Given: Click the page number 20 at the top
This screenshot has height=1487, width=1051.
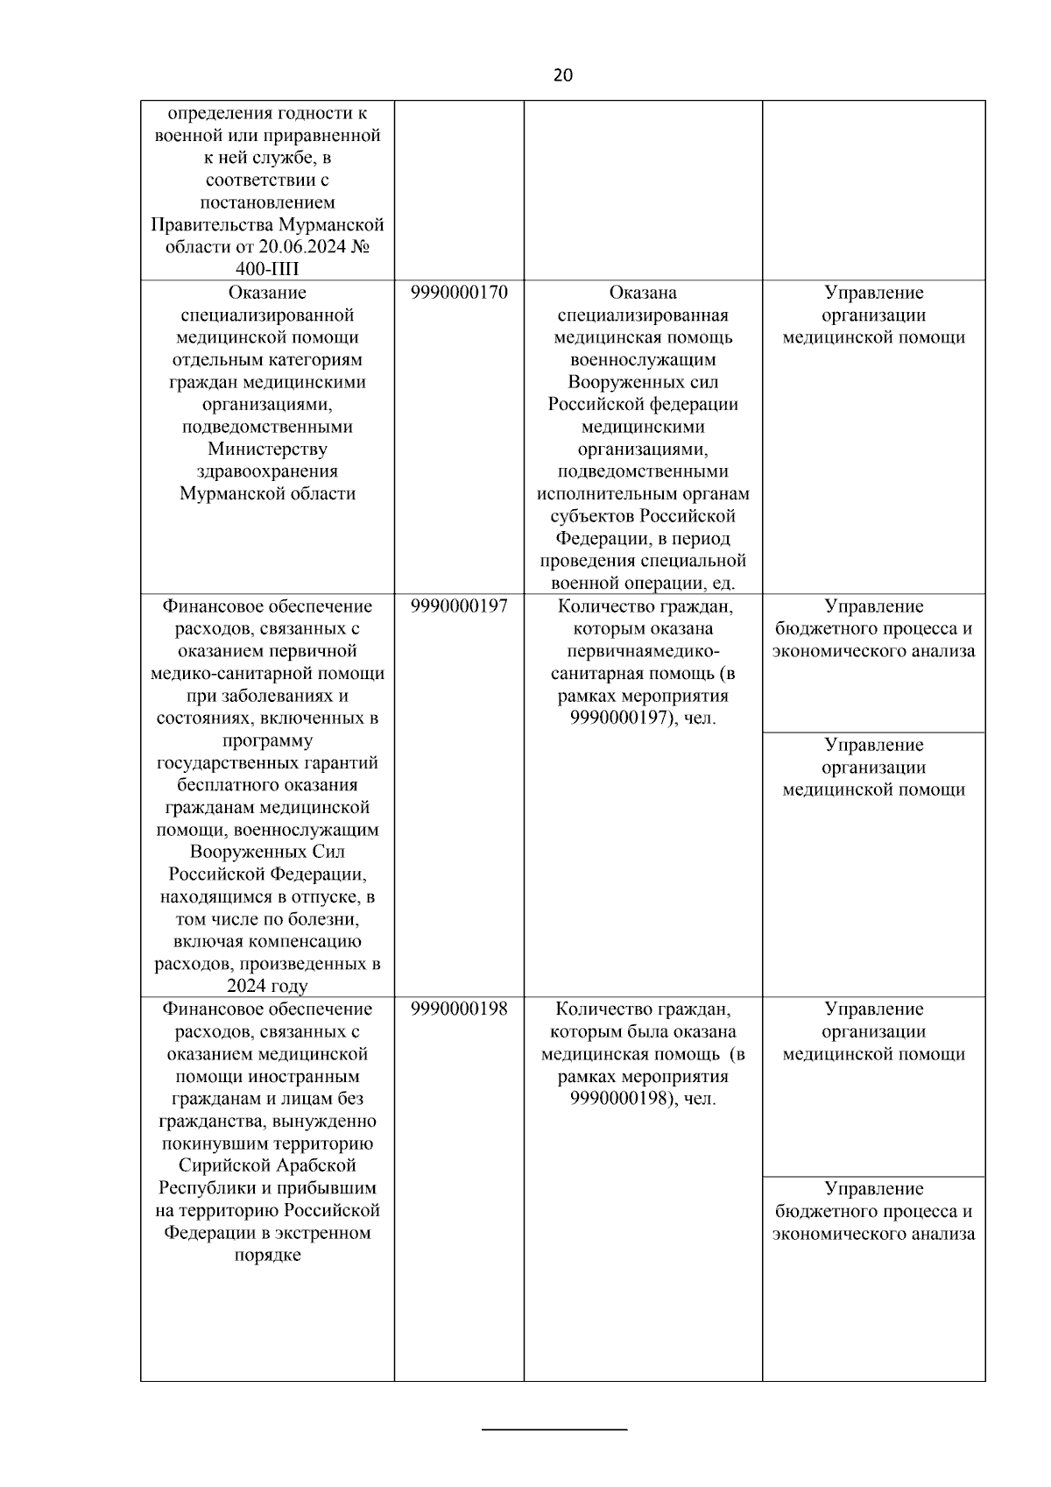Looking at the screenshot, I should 562,75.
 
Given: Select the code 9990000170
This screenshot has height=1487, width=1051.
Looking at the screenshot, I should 459,293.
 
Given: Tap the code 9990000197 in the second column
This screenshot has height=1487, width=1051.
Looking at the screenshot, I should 459,606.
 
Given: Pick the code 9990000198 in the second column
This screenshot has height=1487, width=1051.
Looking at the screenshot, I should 459,1009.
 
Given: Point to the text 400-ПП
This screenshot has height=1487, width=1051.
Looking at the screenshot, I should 267,269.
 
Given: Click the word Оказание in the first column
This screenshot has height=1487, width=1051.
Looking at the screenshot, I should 267,293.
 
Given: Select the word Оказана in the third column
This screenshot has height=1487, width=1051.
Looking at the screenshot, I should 643,293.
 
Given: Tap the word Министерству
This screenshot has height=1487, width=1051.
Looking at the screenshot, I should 267,450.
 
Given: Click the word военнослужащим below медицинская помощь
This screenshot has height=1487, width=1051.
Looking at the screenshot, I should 643,360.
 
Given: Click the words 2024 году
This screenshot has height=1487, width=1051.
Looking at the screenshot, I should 267,987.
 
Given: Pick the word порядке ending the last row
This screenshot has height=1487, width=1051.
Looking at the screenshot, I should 267,1256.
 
